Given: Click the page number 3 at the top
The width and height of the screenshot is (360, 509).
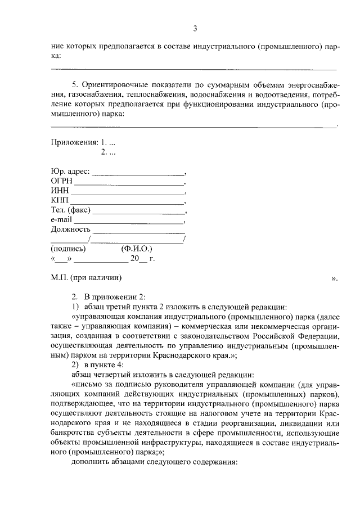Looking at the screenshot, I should [x=195, y=29].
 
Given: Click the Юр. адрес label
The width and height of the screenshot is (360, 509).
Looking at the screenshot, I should [x=70, y=172].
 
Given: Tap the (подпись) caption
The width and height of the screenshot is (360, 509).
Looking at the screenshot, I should [x=68, y=248].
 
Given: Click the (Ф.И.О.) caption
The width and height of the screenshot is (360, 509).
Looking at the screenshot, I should [x=136, y=248].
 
